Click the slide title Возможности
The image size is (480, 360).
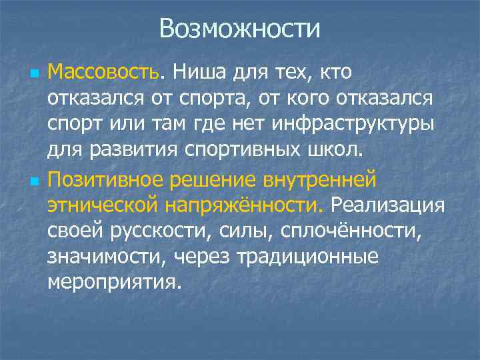pos(240,29)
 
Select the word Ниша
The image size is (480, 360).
pos(195,71)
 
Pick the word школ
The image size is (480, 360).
pos(339,149)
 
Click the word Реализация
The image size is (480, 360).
pos(387,203)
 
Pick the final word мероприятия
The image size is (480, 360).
pos(113,282)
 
